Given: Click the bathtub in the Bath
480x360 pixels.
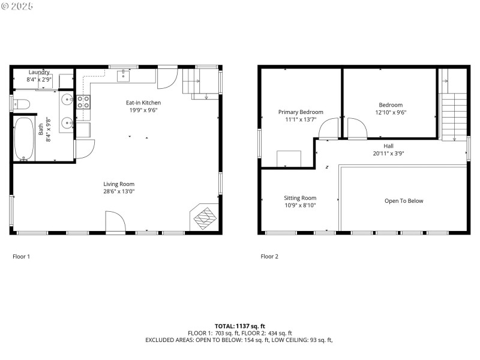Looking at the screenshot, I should click(x=25, y=139).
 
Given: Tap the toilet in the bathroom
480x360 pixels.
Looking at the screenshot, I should click(x=21, y=103).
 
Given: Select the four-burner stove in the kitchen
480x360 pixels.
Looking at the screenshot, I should click(x=83, y=102).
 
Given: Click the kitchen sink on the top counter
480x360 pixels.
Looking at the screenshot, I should click(x=124, y=75).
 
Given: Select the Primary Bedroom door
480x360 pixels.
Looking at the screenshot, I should click(x=328, y=129).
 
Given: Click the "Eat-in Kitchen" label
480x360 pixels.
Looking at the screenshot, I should click(x=143, y=103).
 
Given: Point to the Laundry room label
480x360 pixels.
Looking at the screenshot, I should click(x=39, y=72).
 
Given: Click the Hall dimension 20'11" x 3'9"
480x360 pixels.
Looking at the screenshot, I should click(x=388, y=153).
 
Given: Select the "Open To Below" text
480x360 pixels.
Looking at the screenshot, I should click(x=403, y=201).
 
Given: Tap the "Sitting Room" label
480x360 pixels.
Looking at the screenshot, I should click(x=300, y=197).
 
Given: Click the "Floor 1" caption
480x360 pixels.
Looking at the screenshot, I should click(x=21, y=256).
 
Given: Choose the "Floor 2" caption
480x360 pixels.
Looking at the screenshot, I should click(x=269, y=256).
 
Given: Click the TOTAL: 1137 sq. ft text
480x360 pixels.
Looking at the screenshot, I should click(x=239, y=326).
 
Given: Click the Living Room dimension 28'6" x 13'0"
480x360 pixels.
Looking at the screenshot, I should click(x=118, y=191).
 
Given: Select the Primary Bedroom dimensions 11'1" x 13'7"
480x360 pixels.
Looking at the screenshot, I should click(x=301, y=119).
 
